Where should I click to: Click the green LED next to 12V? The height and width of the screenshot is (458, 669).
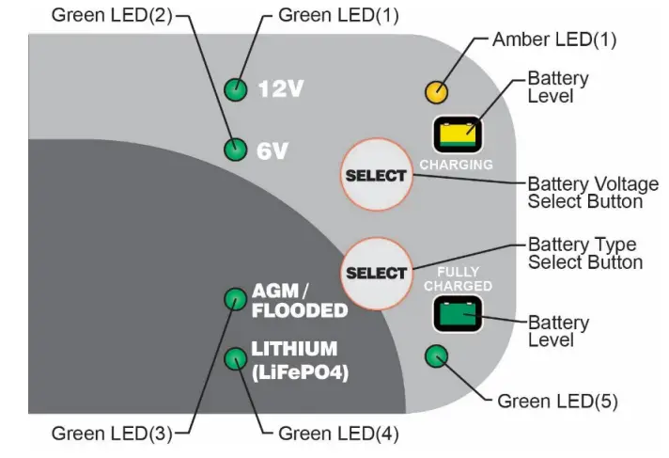point(236,89)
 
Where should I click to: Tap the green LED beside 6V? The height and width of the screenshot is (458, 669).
point(236,150)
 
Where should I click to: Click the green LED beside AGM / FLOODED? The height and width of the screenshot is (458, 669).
point(234,300)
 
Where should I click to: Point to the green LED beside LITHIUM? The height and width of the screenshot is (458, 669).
point(235,358)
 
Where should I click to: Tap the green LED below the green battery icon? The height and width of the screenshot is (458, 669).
point(437,356)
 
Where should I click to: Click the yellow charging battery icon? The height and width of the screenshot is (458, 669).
point(456,135)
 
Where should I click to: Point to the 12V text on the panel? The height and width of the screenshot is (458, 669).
point(282,90)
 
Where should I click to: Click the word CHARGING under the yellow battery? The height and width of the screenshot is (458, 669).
point(456,165)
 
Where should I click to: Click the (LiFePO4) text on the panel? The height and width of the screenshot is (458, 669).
point(300,372)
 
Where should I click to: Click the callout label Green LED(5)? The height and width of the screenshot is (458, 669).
point(557,402)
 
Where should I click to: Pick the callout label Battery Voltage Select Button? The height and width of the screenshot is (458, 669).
point(584,193)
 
